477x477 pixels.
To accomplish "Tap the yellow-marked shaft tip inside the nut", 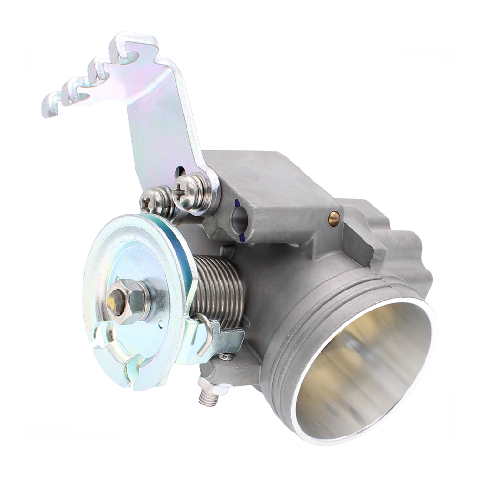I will tap(112, 301).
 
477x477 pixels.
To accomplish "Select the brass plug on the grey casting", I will tap(334, 218).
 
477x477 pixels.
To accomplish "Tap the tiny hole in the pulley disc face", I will tap(161, 324).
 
